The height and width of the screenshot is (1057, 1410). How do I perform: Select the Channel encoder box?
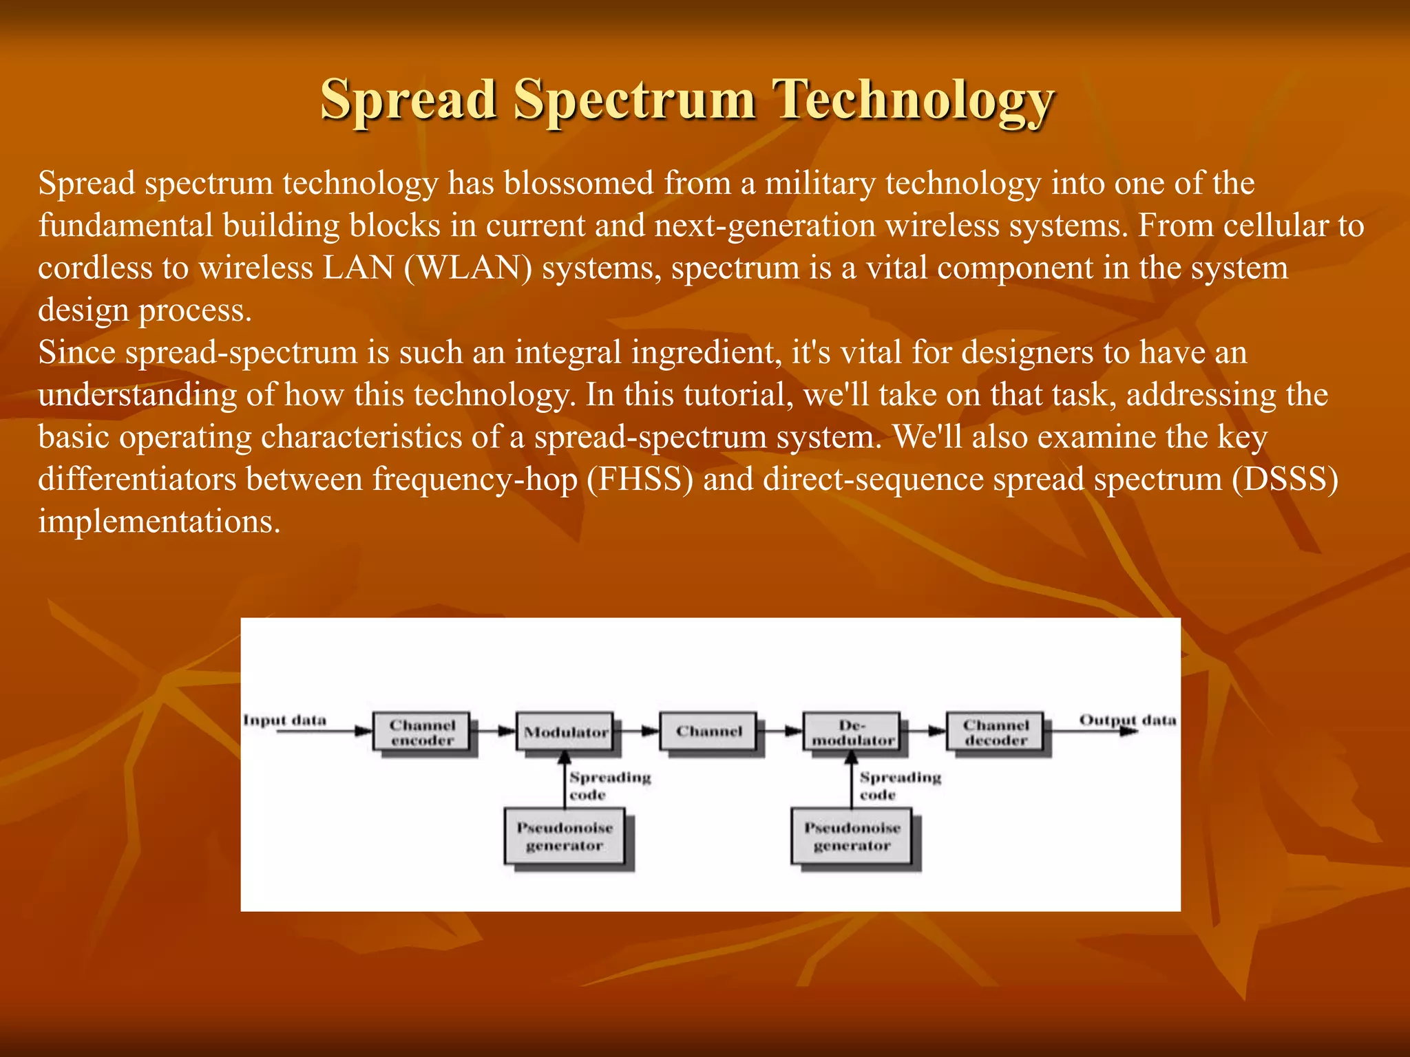pyautogui.click(x=422, y=732)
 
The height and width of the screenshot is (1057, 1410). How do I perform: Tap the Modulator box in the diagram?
pyautogui.click(x=565, y=732)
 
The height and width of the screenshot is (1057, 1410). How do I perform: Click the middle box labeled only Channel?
pyautogui.click(x=708, y=732)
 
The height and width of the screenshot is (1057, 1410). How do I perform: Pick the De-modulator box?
pyautogui.click(x=852, y=732)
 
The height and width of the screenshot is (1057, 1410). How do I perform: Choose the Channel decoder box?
pyautogui.click(x=995, y=732)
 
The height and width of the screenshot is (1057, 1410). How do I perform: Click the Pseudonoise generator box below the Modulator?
pyautogui.click(x=565, y=837)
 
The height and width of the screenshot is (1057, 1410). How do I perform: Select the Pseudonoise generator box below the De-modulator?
pyautogui.click(x=852, y=837)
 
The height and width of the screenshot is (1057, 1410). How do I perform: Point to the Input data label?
pyautogui.click(x=284, y=720)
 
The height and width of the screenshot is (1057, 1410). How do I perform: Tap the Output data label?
pyautogui.click(x=1127, y=720)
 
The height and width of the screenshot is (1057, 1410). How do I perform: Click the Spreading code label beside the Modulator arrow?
pyautogui.click(x=609, y=786)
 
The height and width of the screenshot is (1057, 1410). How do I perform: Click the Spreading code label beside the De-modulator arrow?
pyautogui.click(x=899, y=786)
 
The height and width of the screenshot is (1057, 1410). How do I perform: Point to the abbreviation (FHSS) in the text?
pyautogui.click(x=640, y=480)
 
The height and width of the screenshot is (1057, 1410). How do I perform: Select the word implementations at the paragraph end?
pyautogui.click(x=159, y=522)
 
